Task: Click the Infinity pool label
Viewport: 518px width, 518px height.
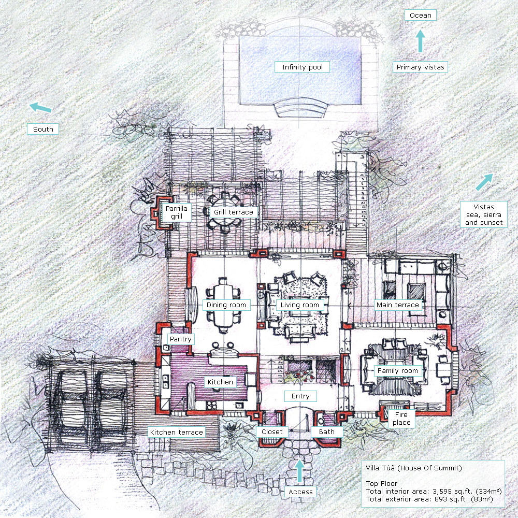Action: pos(302,67)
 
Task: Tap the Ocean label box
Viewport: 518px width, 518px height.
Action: pos(420,15)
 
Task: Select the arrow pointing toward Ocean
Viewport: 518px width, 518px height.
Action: pos(420,41)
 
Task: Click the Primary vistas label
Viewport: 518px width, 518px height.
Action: pos(420,67)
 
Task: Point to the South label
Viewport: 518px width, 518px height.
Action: pos(43,129)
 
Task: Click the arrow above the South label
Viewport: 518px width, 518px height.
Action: pos(40,107)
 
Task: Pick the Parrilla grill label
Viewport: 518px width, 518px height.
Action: pos(177,212)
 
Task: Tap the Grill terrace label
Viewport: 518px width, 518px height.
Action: pos(234,212)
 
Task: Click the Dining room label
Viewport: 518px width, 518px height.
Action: pos(226,305)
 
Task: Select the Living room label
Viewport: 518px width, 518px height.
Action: pos(299,305)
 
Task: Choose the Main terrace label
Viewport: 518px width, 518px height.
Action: pos(398,305)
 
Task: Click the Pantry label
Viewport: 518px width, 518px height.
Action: pos(180,339)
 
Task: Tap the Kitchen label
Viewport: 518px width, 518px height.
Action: pos(220,382)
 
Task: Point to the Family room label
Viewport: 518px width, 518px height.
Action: pos(398,371)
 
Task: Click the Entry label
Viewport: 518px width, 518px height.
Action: pos(300,396)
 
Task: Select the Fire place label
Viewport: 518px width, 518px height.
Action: pos(401,419)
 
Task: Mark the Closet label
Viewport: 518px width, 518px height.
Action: pos(272,432)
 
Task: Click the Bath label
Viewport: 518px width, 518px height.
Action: pos(327,432)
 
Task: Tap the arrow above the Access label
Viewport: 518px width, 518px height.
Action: pos(299,471)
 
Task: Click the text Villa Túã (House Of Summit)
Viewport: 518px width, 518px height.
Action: pos(413,468)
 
